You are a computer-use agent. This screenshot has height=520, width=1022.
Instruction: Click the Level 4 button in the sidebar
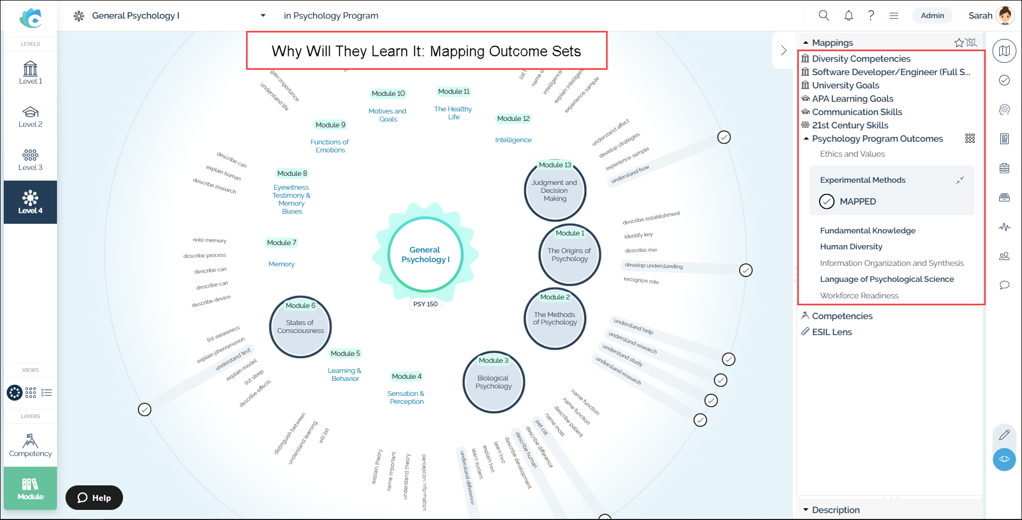coord(30,202)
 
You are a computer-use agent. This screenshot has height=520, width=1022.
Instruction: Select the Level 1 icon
coord(30,72)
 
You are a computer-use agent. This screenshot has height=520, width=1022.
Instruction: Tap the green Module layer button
coord(30,488)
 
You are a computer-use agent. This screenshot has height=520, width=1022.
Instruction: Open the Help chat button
coord(94,498)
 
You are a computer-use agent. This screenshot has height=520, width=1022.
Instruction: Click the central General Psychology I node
coord(425,255)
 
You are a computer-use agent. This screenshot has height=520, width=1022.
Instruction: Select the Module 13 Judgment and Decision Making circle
coord(555,191)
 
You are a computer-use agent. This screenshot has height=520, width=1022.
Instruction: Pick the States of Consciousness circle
coord(300,327)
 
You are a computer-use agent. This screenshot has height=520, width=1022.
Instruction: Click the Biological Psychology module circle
coord(494,382)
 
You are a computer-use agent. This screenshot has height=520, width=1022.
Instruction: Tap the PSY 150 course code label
coord(426,304)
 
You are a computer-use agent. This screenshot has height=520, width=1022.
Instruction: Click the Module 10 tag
coord(388,94)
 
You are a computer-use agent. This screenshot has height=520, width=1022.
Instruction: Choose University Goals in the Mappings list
coord(845,85)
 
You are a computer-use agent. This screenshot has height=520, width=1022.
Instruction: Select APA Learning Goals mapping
coord(852,99)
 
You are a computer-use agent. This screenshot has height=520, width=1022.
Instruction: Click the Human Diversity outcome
coord(851,247)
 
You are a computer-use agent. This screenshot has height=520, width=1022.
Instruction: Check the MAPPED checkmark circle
coord(827,201)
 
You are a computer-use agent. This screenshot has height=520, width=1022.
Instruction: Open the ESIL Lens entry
coord(831,332)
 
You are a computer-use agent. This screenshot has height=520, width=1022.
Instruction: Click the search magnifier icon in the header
coord(824,15)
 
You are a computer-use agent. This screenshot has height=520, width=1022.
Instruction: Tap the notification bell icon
coord(848,15)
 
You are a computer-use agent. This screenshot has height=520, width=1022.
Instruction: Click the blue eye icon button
coord(1004,459)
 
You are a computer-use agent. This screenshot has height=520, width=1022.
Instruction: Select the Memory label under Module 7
coord(281,264)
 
